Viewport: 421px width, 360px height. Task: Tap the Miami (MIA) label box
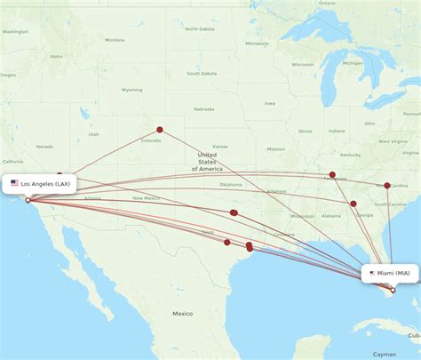(388, 273)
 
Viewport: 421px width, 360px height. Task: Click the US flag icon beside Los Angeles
(15, 183)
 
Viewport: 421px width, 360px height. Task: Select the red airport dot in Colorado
(160, 130)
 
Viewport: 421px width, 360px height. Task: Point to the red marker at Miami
(393, 289)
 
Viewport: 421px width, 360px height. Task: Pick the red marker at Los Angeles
(28, 200)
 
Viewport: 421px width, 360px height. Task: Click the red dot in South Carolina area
(387, 186)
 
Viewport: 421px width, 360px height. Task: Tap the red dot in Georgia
(353, 204)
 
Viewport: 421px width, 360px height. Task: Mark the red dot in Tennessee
(332, 175)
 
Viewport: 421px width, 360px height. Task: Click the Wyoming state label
(132, 90)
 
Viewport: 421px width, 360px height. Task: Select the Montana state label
(115, 40)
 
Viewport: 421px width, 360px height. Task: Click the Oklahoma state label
(231, 185)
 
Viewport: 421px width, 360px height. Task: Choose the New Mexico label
(144, 197)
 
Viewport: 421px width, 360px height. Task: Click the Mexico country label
(183, 313)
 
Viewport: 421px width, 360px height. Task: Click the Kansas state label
(219, 146)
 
